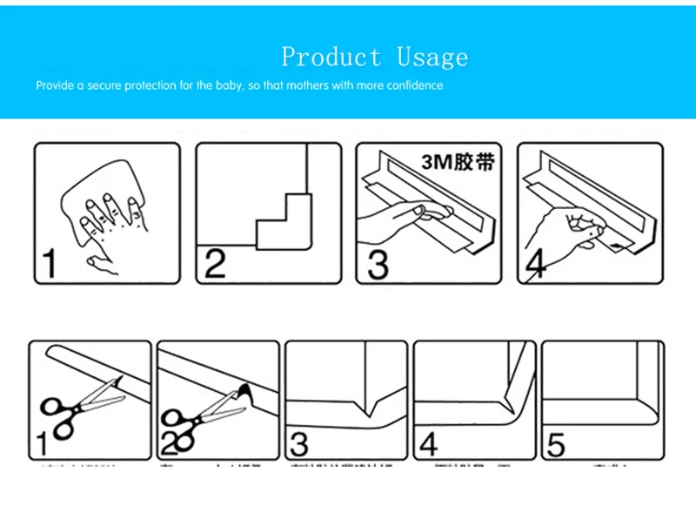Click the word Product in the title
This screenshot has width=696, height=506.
coord(331,57)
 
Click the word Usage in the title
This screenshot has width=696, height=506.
coord(432,57)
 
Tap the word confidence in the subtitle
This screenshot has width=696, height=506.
coord(412,85)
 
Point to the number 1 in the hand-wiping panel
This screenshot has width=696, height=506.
coord(49,264)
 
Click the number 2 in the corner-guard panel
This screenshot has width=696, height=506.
coord(214,264)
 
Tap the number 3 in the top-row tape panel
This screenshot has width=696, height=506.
coord(377,264)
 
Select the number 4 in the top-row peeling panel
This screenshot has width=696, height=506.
coord(536,265)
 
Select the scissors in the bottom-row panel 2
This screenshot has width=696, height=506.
coord(200,415)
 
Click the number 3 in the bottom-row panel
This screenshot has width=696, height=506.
coord(298,445)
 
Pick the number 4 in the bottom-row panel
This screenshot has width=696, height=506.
coord(428,445)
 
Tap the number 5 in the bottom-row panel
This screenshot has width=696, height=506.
coord(556,445)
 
